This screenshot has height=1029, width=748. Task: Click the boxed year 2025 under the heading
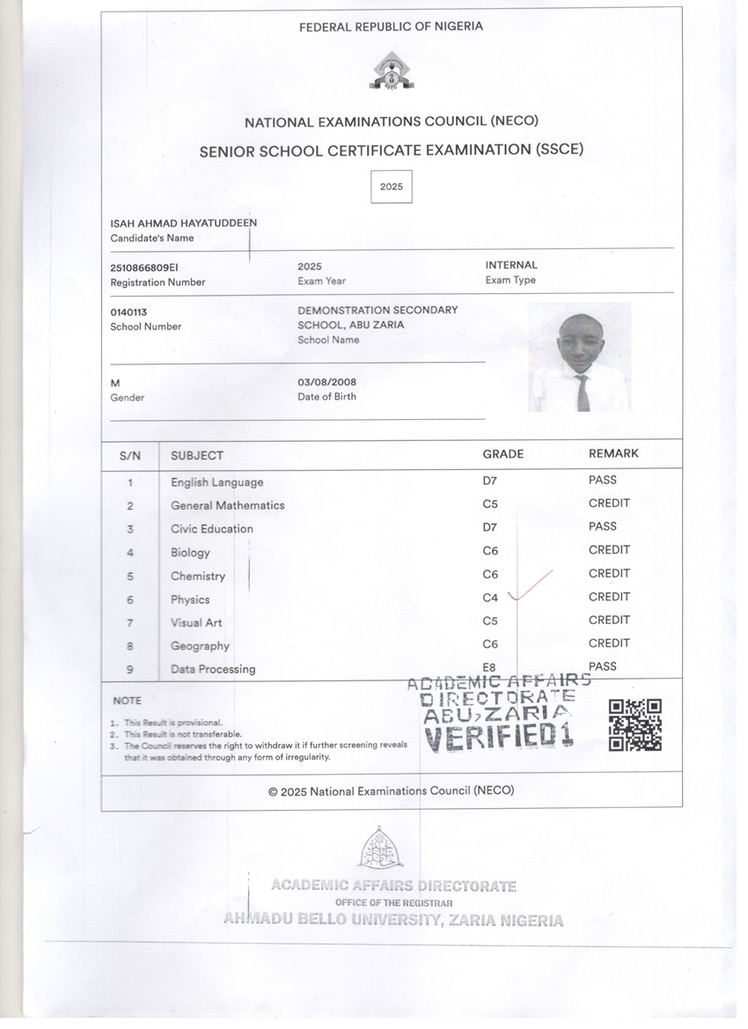pos(391,187)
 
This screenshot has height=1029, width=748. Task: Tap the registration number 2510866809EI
pos(144,266)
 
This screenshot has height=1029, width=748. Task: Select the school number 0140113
pos(128,312)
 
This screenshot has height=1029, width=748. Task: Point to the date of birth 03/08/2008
pos(326,382)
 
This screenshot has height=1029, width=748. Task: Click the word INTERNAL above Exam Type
pos(511,265)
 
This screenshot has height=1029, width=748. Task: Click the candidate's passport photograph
pos(579,357)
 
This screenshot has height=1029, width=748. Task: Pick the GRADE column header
pos(502,454)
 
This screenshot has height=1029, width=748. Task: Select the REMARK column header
pos(613,453)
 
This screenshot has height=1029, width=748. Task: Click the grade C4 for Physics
pos(490,598)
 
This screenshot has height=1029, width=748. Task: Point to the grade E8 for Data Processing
pos(490,667)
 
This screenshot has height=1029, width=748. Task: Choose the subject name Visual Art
pos(196,622)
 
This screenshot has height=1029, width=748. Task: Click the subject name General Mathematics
pos(227,505)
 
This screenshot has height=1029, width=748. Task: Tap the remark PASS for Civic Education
pos(603,526)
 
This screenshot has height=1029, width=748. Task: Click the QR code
pos(634,725)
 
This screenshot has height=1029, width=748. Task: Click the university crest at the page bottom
pos(380,849)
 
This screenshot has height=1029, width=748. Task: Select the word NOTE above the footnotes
pos(127,701)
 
